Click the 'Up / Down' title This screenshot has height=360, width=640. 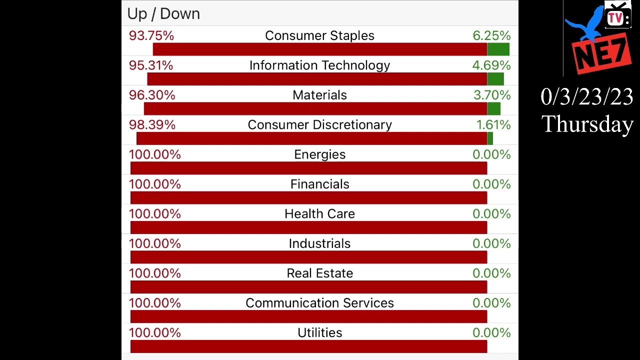point(163,13)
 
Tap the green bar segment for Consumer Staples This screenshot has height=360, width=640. point(498,49)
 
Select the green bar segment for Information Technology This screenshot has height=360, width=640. point(495,79)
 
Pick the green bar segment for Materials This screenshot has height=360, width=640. point(493,108)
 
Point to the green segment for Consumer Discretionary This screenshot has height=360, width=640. point(490,138)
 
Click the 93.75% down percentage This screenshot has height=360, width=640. point(151,35)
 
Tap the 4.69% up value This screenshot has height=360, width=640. point(491,65)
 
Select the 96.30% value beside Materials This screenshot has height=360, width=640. point(152,95)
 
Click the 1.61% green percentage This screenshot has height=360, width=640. point(493,124)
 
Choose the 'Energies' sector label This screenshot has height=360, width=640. point(319,154)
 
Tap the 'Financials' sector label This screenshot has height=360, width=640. point(319,184)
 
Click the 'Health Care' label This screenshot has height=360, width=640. point(319,214)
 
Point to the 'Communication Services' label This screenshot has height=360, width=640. point(319,303)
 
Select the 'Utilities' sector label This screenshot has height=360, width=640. point(319,332)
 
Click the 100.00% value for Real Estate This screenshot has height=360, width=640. point(155,273)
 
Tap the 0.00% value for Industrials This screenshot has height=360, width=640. point(491,243)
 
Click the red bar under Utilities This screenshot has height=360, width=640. point(308,346)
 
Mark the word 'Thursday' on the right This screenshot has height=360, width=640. point(587,124)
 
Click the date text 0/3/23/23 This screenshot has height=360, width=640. point(587,96)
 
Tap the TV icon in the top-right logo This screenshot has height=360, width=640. point(617,17)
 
